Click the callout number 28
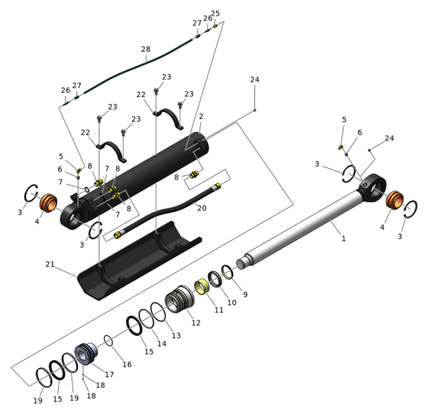pyautogui.click(x=146, y=49)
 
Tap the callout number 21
pyautogui.click(x=50, y=264)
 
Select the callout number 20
pyautogui.click(x=202, y=208)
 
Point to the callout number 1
pyautogui.click(x=344, y=238)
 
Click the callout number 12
pyautogui.click(x=196, y=323)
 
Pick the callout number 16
pyautogui.click(x=127, y=364)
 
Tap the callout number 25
pyautogui.click(x=215, y=13)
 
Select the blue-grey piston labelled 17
pyautogui.click(x=86, y=354)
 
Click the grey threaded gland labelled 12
pyautogui.click(x=180, y=298)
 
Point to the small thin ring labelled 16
pyautogui.click(x=109, y=340)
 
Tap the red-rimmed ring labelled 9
pyautogui.click(x=228, y=272)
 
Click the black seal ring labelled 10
pyautogui.click(x=215, y=279)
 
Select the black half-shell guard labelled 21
pyautogui.click(x=139, y=261)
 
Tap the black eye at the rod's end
pyautogui.click(x=372, y=187)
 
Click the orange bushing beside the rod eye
pyautogui.click(x=395, y=200)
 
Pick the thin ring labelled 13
pyautogui.click(x=158, y=312)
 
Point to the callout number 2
pyautogui.click(x=201, y=116)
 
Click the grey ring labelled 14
pyautogui.click(x=147, y=319)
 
